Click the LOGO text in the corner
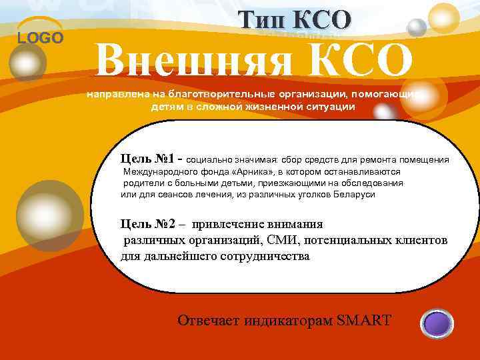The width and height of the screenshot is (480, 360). (40, 38)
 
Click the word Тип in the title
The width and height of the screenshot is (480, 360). (264, 20)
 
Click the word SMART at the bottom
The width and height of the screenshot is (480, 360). (364, 321)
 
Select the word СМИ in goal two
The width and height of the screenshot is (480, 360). (272, 240)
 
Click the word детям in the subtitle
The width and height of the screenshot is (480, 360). (163, 107)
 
